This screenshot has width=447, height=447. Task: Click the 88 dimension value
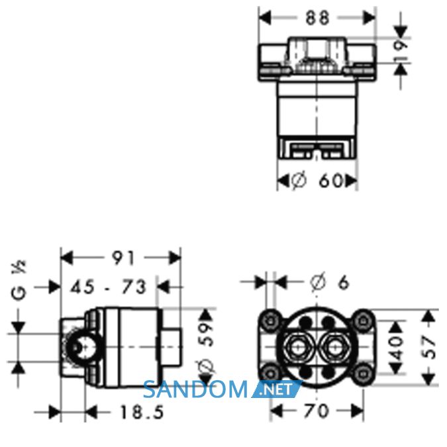pos(318,19)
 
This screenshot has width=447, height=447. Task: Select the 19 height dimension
pos(402,50)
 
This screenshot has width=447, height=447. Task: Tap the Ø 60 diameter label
pos(318,180)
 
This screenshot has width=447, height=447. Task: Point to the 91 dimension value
pos(123,258)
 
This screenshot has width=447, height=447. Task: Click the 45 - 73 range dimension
pos(109,287)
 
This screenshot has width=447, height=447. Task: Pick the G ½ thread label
pos(19,280)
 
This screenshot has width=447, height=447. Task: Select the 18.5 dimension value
pos(142,412)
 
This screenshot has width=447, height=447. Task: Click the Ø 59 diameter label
pos(207,348)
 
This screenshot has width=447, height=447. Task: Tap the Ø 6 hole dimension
pos(330,282)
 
